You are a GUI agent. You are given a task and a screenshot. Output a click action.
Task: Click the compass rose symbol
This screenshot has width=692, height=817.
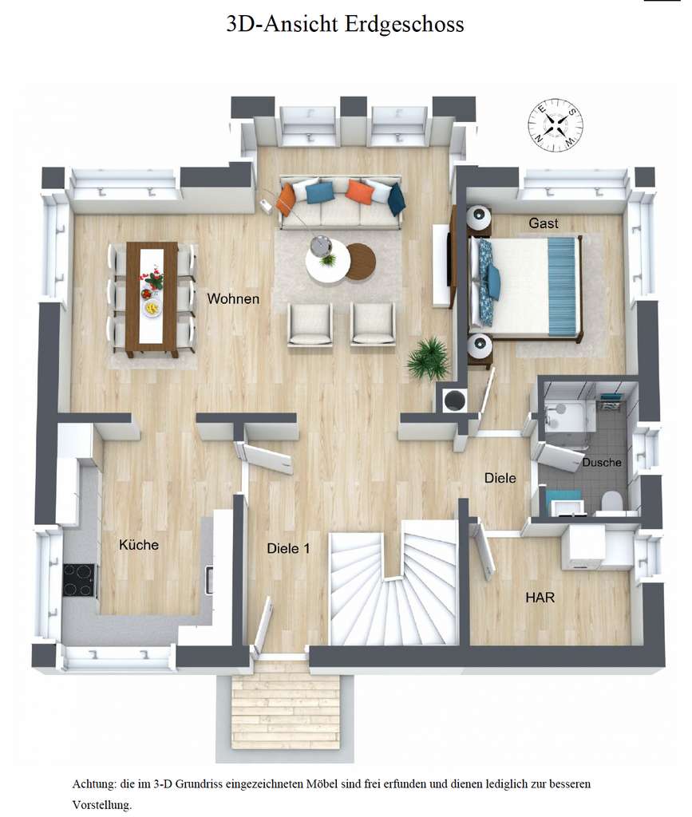tap(553, 124)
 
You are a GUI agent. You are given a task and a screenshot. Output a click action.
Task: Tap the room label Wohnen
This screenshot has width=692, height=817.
tap(233, 299)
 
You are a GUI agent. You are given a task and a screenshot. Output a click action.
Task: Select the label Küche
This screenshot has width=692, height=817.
tap(139, 545)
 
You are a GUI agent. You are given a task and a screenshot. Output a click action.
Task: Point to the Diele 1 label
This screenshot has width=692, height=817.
tap(287, 548)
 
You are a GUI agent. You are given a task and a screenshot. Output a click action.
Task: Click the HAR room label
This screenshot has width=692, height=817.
tap(540, 597)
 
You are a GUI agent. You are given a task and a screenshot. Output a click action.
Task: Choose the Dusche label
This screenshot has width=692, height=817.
tap(601, 463)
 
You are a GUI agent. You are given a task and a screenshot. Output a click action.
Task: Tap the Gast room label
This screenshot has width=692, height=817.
tap(544, 223)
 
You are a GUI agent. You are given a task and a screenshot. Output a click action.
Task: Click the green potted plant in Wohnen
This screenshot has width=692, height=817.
tap(429, 357)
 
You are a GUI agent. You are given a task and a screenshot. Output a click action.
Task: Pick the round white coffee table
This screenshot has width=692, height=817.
tap(327, 259)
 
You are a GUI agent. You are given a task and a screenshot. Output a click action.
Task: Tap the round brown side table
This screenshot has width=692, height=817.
tap(360, 259)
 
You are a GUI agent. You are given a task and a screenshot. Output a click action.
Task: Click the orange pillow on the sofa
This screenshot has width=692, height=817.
tap(359, 191)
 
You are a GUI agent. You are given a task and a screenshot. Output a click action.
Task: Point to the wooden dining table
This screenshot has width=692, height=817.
tap(152, 298)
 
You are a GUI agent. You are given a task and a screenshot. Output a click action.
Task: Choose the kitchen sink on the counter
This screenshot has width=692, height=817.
tap(209, 578)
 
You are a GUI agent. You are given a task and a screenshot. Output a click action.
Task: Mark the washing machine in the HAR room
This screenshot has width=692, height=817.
tap(582, 549)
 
